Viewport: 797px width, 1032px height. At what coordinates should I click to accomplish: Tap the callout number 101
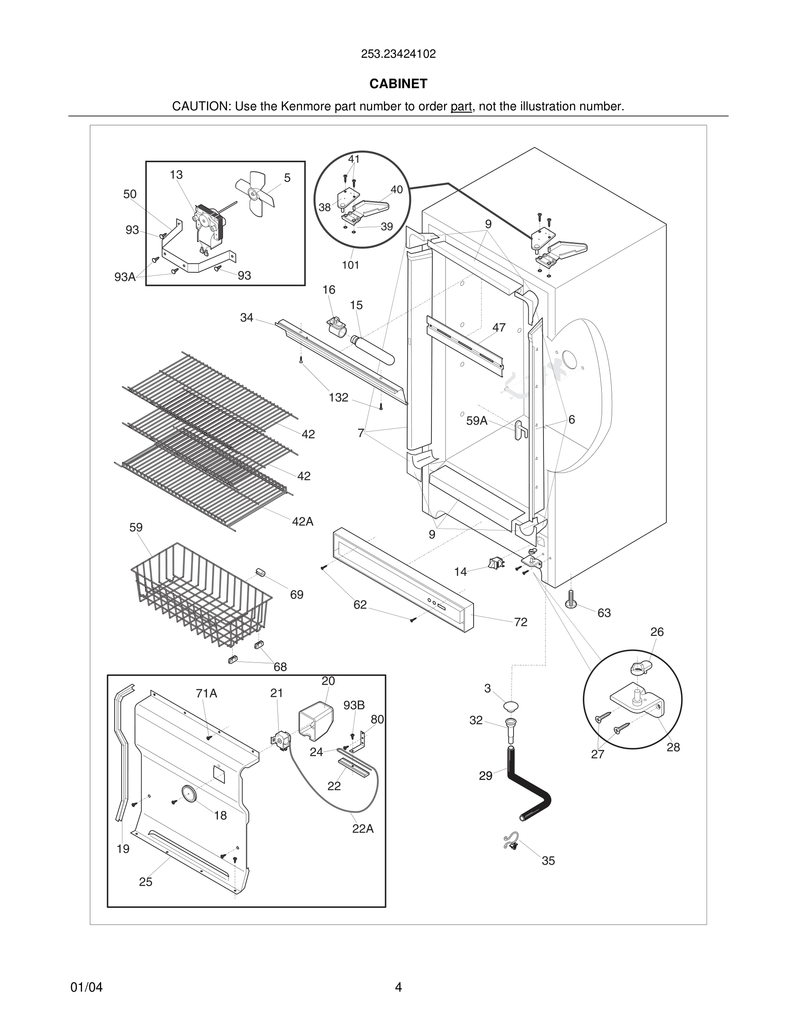350,265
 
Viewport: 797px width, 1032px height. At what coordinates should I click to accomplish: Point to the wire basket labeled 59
201,596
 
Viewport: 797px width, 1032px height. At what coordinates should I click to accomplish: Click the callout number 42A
302,522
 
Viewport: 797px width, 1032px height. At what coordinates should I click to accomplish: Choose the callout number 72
520,622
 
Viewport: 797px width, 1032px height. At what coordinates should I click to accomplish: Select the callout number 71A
206,693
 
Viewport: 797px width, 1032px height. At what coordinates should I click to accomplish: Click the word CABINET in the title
398,84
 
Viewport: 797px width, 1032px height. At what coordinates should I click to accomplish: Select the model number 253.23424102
398,54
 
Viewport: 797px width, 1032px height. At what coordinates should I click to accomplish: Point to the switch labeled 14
495,563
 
